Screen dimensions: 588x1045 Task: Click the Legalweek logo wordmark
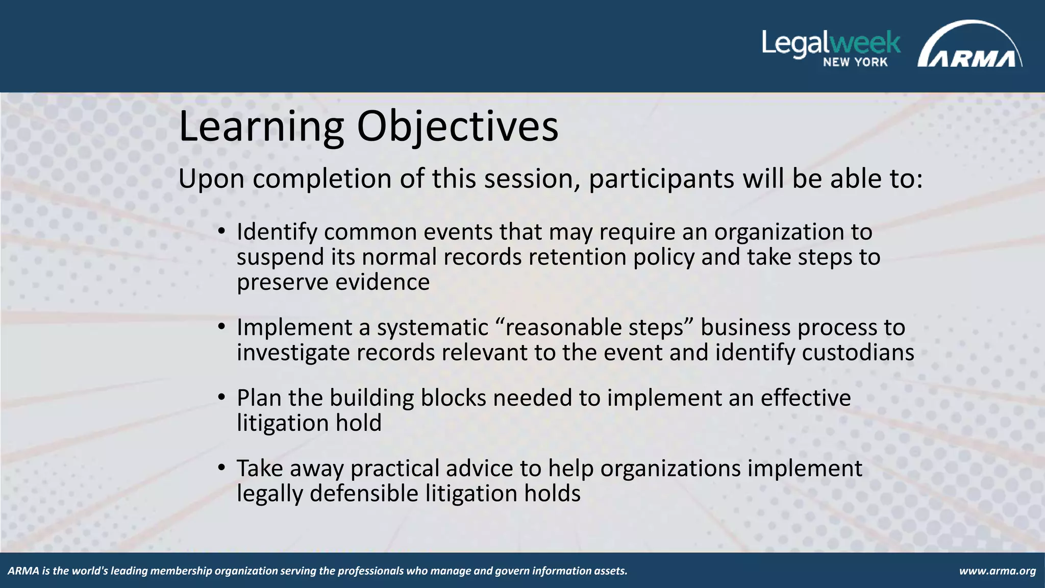(x=831, y=43)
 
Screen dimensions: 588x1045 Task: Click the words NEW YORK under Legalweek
(x=855, y=62)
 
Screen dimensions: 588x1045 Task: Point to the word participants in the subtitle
(x=661, y=179)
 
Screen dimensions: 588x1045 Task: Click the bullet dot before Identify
(x=221, y=232)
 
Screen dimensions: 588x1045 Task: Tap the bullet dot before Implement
(x=221, y=327)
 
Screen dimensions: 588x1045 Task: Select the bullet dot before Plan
(x=221, y=398)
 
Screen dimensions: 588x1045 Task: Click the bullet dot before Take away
(x=221, y=468)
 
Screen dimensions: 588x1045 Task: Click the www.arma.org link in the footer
(x=997, y=571)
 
